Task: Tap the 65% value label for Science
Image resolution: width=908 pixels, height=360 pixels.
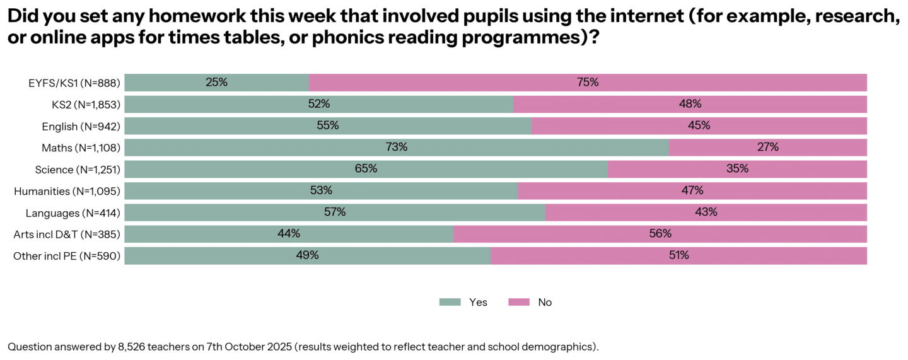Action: click(366, 169)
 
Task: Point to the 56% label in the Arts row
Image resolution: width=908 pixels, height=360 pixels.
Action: click(660, 234)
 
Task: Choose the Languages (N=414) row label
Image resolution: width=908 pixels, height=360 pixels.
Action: click(73, 212)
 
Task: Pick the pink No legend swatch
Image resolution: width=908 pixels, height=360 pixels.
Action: click(518, 303)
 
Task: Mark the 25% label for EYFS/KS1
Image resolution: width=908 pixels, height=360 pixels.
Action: click(216, 83)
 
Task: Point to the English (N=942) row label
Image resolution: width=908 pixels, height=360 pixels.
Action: click(81, 126)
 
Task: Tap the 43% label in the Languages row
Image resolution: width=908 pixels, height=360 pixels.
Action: click(706, 212)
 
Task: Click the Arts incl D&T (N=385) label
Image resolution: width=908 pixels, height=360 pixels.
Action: click(67, 234)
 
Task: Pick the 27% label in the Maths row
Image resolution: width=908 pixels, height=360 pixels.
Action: click(768, 148)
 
